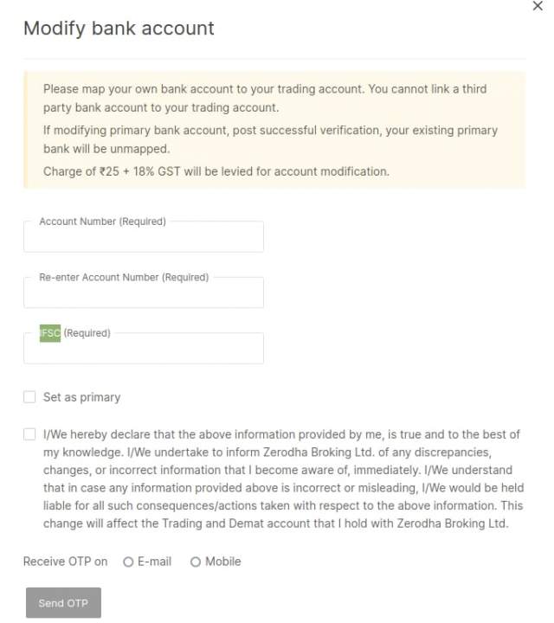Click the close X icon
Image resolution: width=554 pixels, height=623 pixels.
point(538,6)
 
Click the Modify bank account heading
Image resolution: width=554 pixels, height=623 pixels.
point(119,28)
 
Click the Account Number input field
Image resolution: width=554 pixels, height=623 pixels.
point(143,237)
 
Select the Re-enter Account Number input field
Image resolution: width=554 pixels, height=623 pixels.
point(143,293)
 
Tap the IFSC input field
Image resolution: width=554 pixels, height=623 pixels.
point(143,350)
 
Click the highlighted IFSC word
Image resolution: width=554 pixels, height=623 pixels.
point(50,333)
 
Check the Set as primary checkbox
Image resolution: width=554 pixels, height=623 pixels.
point(29,397)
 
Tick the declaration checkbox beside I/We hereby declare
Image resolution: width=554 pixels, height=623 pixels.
point(29,434)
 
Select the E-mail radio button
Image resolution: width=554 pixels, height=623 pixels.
point(128,562)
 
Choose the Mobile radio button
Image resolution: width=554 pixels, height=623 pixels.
point(196,562)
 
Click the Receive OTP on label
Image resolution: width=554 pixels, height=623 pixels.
point(65,562)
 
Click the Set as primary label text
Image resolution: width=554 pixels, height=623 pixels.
point(81,397)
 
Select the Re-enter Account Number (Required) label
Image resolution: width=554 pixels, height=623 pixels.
point(124,278)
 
